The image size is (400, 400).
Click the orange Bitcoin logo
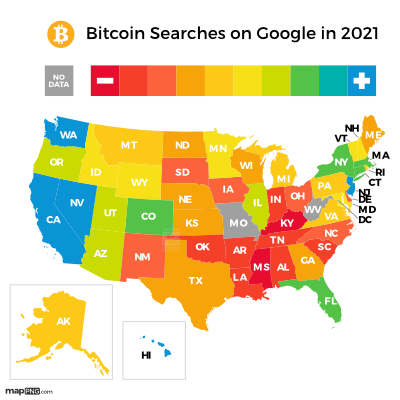pyautogui.click(x=61, y=34)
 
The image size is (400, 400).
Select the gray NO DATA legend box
pyautogui.click(x=59, y=81)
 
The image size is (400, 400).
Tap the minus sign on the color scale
pyautogui.click(x=105, y=81)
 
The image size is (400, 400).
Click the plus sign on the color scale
pyautogui.click(x=361, y=81)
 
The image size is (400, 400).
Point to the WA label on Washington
pyautogui.click(x=68, y=135)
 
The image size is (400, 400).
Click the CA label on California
pyautogui.click(x=54, y=219)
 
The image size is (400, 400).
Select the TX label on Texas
pyautogui.click(x=196, y=280)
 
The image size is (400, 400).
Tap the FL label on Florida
pyautogui.click(x=330, y=300)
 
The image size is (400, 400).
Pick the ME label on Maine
pyautogui.click(x=373, y=134)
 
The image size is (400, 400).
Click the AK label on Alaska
pyautogui.click(x=63, y=321)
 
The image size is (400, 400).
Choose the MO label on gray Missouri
pyautogui.click(x=238, y=223)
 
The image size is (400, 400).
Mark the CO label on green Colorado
pyautogui.click(x=148, y=216)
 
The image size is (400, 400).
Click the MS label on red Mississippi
pyautogui.click(x=261, y=267)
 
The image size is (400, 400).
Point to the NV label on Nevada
pyautogui.click(x=77, y=202)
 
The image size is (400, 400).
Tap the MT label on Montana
pyautogui.click(x=129, y=145)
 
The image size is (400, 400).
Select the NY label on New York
pyautogui.click(x=341, y=162)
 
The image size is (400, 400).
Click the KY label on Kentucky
pyautogui.click(x=287, y=223)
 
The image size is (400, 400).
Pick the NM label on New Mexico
pyautogui.click(x=142, y=257)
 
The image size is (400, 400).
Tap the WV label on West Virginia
pyautogui.click(x=314, y=210)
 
